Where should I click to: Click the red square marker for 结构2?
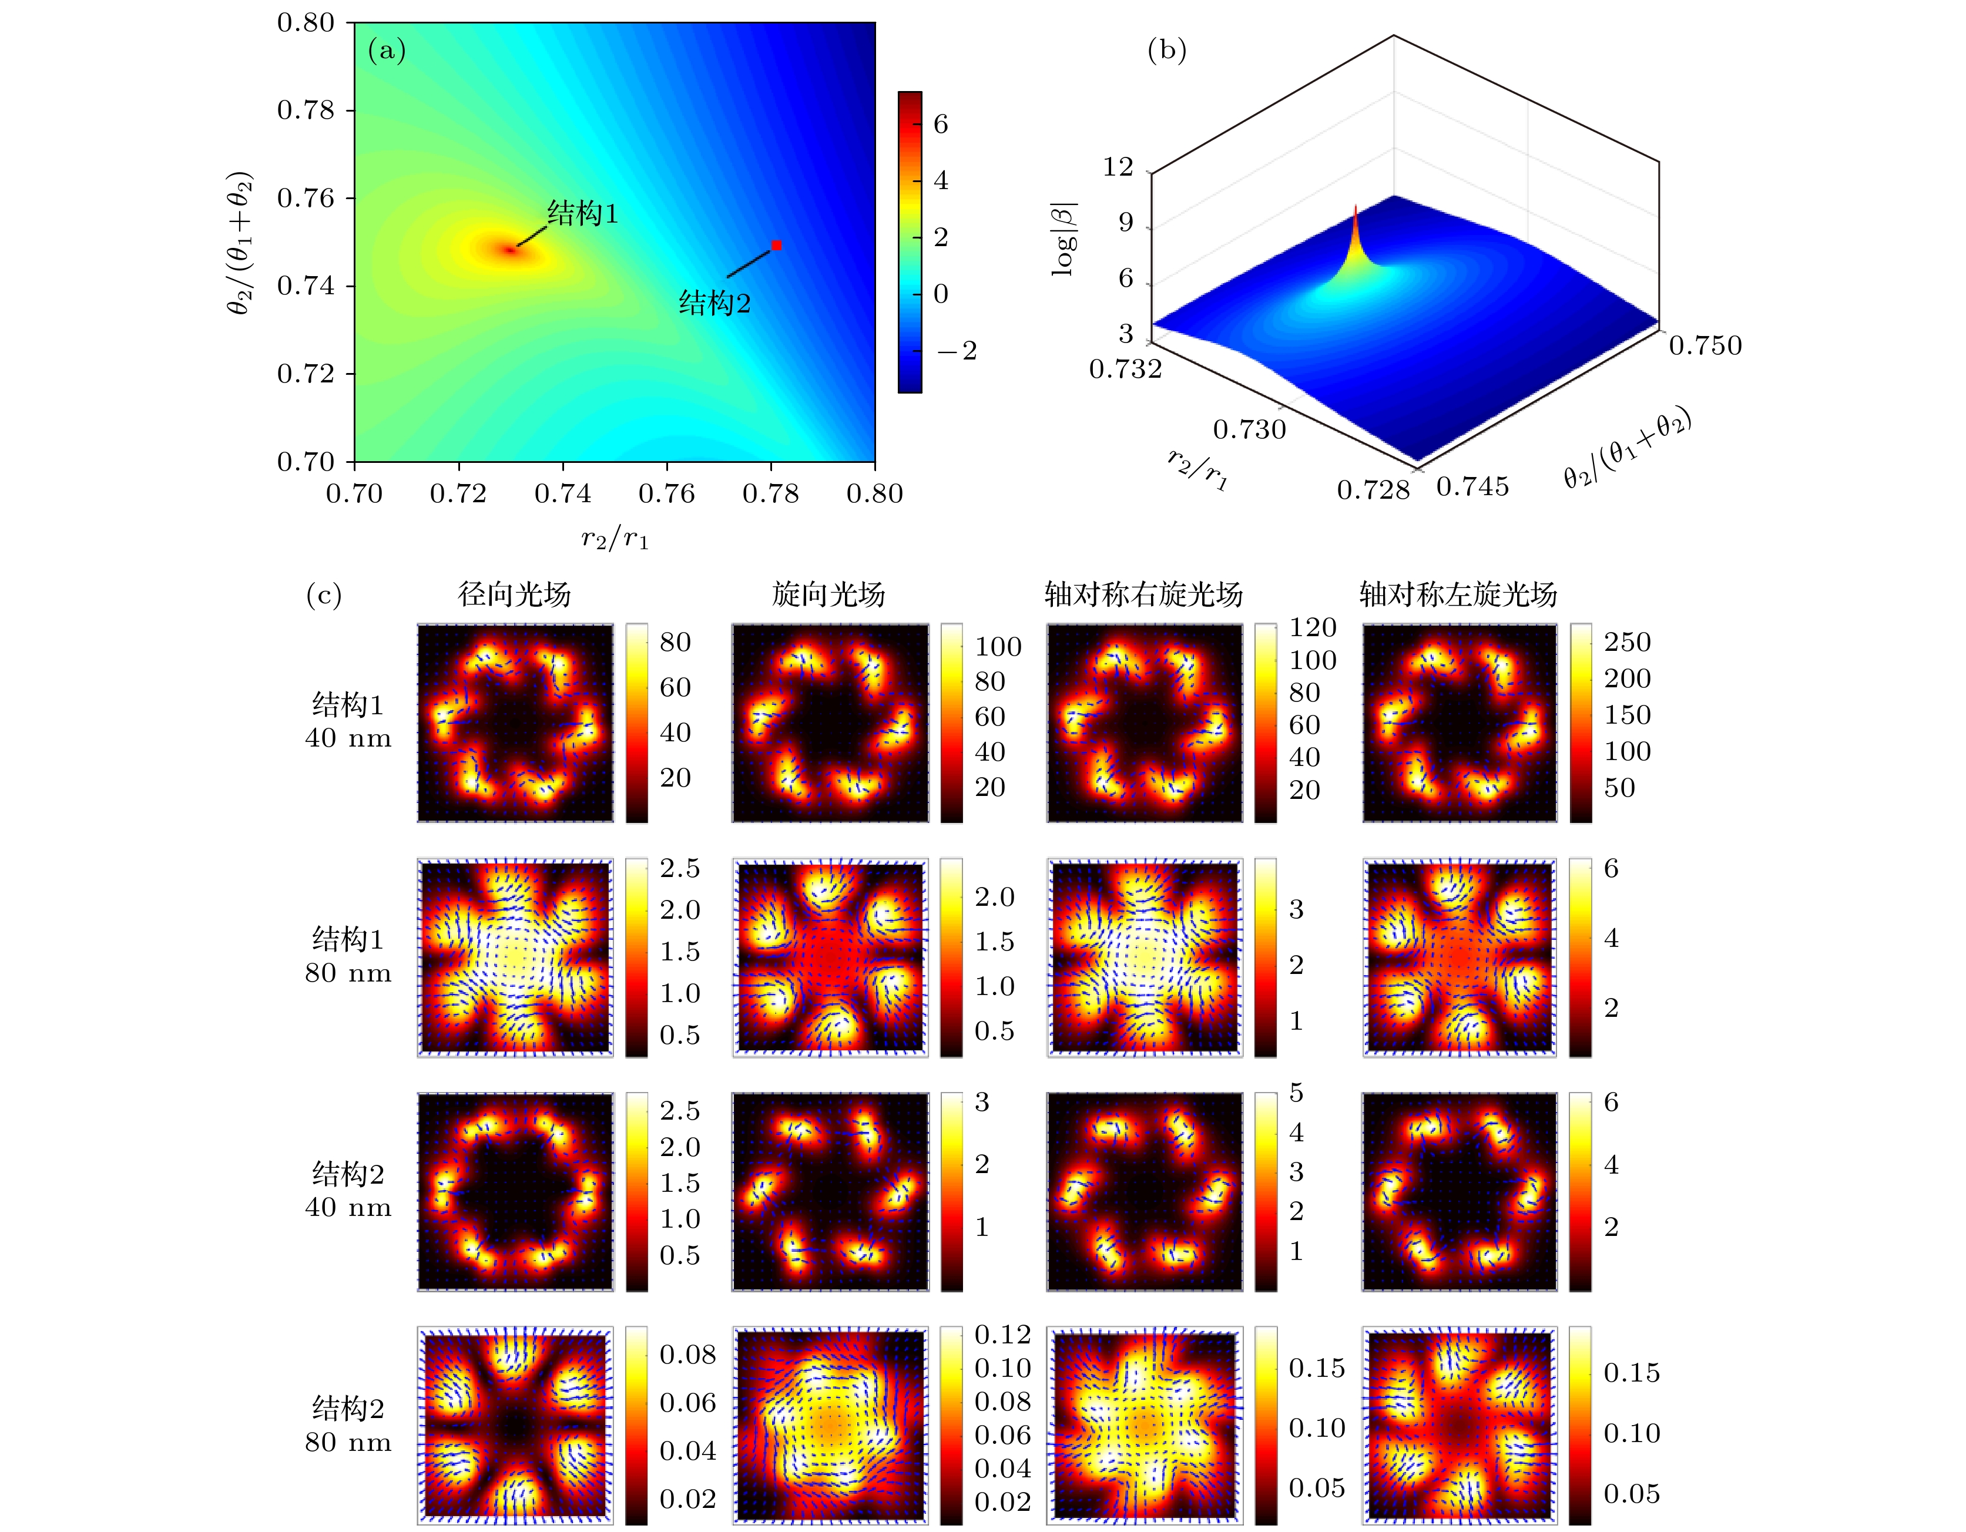point(776,245)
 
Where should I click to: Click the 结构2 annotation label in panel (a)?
point(714,303)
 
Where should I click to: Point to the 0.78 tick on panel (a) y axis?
point(306,110)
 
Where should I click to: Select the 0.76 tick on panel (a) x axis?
point(666,493)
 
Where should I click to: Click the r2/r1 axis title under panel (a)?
point(615,539)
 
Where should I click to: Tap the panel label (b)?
point(1167,51)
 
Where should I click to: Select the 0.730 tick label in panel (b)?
point(1249,429)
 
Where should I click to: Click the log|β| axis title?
point(1064,238)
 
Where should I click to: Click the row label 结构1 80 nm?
point(348,956)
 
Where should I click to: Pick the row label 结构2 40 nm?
point(348,1190)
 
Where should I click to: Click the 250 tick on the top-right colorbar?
point(1626,642)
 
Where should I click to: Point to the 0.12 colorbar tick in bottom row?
point(1002,1335)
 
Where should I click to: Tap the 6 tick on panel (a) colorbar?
point(941,124)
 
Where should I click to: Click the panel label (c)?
point(324,595)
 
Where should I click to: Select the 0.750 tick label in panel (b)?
point(1705,345)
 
